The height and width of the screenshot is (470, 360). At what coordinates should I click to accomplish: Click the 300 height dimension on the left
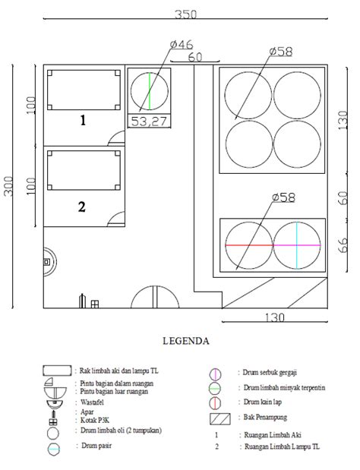[x=9, y=186]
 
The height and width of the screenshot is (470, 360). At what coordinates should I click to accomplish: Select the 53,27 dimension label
[x=149, y=120]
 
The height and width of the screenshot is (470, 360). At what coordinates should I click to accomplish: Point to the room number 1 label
[x=84, y=120]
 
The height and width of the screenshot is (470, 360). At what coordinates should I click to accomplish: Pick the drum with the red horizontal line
[x=248, y=245]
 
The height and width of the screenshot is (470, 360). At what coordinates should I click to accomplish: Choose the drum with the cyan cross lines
[x=296, y=245]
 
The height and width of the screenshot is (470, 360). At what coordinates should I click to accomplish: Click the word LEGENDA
[x=187, y=341]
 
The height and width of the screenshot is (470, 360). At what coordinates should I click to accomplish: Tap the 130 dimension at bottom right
[x=275, y=317]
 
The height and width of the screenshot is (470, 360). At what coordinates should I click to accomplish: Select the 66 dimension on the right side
[x=343, y=244]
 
